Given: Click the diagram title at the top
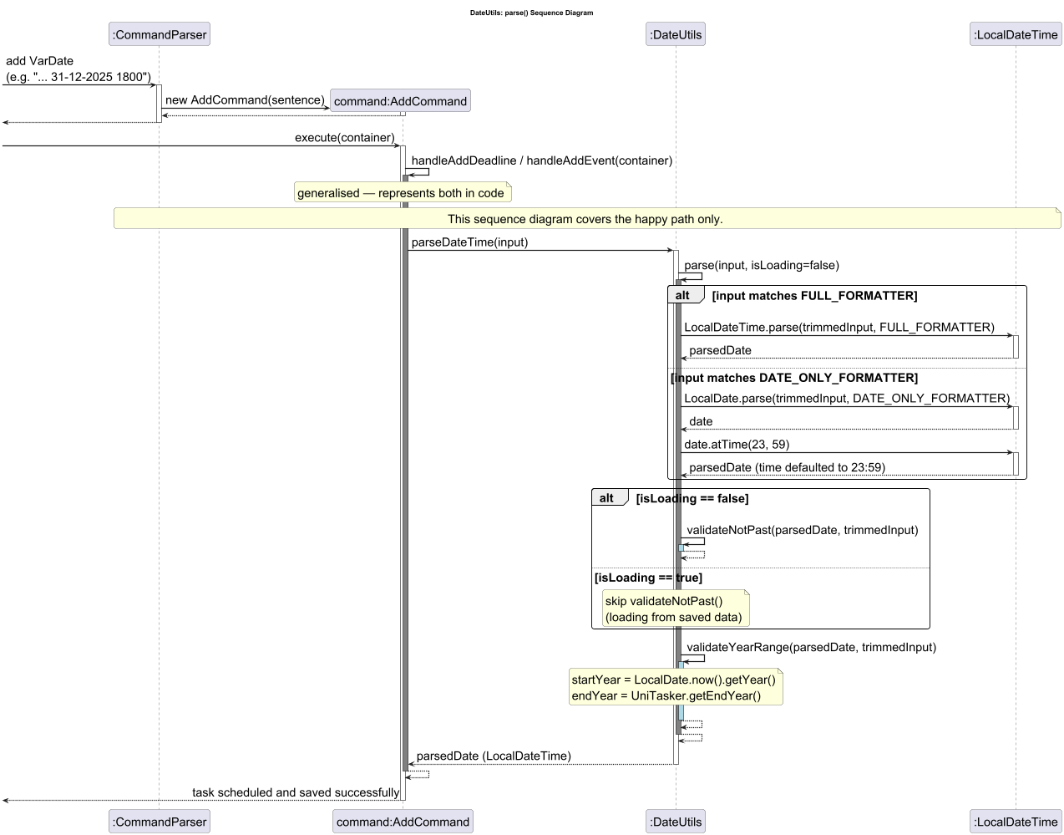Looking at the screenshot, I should [531, 13].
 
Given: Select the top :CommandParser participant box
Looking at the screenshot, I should [159, 34].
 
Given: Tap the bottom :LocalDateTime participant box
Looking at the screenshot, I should [1016, 822].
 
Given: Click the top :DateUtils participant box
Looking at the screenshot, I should [675, 34].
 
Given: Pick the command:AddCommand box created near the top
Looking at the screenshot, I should [400, 101].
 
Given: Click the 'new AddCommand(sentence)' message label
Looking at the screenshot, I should [245, 99].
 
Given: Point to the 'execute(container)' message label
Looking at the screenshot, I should [344, 137].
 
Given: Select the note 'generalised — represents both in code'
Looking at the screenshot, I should [402, 193].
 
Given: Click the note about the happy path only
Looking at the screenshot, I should [585, 219].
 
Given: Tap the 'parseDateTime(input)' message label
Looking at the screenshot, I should [469, 242].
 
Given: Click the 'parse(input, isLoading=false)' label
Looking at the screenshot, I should [761, 265].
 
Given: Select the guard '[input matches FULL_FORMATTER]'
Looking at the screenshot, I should [814, 296].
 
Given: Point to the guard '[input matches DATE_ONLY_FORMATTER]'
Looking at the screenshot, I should [794, 378].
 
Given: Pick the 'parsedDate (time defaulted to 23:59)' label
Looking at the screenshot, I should [787, 467].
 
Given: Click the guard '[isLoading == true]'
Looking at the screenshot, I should [648, 578].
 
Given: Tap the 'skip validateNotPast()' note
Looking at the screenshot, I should [675, 608].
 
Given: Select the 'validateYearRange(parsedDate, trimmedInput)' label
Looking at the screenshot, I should [811, 647].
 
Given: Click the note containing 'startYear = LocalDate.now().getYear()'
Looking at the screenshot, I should [675, 687].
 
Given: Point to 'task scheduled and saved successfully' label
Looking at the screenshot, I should [296, 792].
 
